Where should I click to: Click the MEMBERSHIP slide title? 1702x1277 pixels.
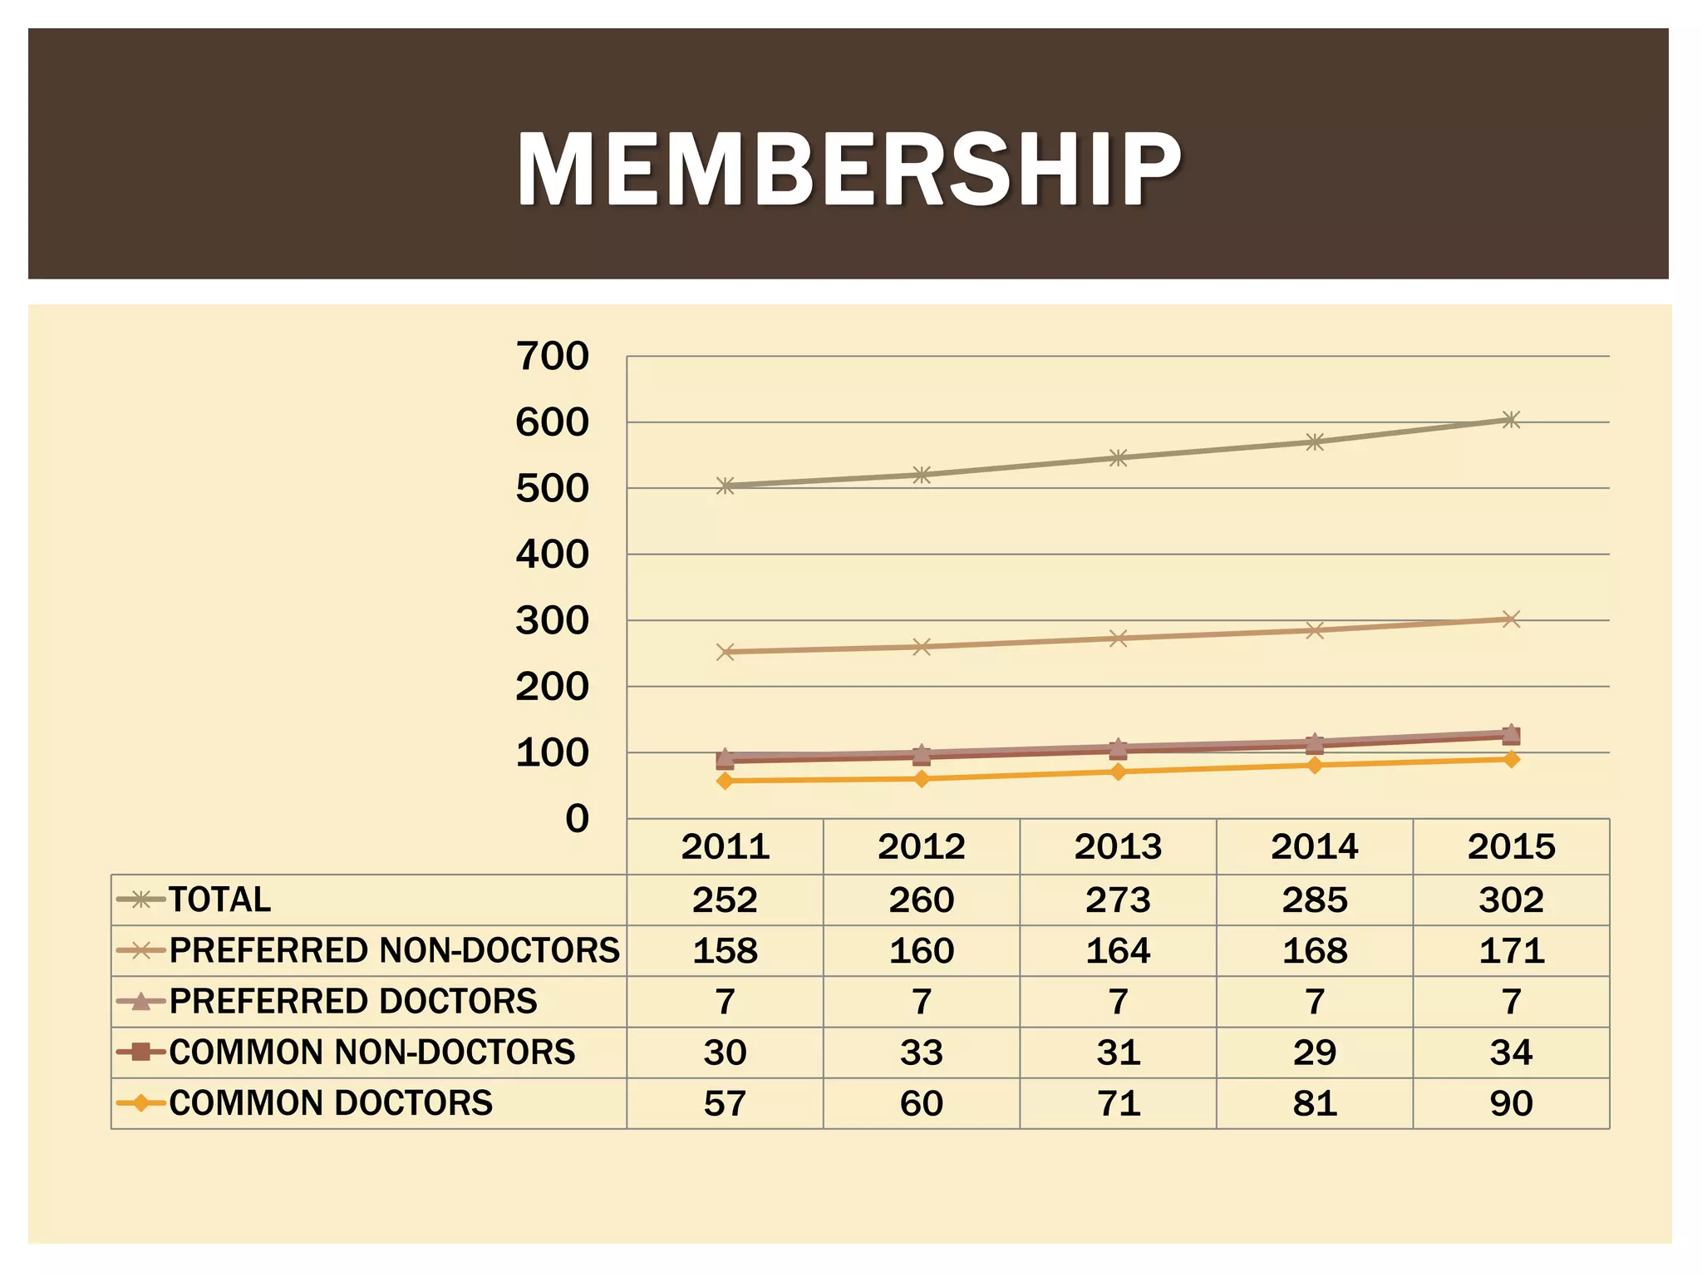pyautogui.click(x=849, y=169)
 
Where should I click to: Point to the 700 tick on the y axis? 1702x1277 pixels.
pyautogui.click(x=552, y=356)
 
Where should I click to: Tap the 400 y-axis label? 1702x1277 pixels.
pyautogui.click(x=552, y=555)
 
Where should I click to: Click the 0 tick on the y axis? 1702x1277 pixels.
pyautogui.click(x=577, y=819)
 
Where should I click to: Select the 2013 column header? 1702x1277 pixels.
pyautogui.click(x=1118, y=846)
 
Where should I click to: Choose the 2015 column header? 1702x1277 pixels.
pyautogui.click(x=1511, y=846)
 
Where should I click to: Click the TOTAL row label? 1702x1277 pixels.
pyautogui.click(x=220, y=900)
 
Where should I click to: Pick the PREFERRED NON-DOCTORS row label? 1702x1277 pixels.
pyautogui.click(x=395, y=950)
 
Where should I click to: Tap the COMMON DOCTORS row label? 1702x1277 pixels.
pyautogui.click(x=331, y=1103)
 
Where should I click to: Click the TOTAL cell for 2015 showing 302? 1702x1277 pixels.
pyautogui.click(x=1511, y=900)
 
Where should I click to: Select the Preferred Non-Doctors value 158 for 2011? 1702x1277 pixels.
pyautogui.click(x=725, y=950)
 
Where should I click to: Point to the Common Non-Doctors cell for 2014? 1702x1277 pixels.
pyautogui.click(x=1314, y=1053)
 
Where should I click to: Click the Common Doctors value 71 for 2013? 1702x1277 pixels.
pyautogui.click(x=1118, y=1103)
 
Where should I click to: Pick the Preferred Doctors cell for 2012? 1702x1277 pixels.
pyautogui.click(x=921, y=1002)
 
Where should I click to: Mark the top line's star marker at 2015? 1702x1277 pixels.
pyautogui.click(x=1511, y=420)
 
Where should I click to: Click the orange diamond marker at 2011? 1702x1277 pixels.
pyautogui.click(x=725, y=781)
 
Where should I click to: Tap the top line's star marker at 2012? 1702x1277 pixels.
pyautogui.click(x=921, y=476)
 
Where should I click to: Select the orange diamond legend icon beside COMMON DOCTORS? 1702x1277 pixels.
pyautogui.click(x=140, y=1103)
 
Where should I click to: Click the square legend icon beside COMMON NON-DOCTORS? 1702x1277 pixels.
pyautogui.click(x=140, y=1053)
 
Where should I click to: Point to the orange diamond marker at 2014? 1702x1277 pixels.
pyautogui.click(x=1314, y=765)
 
